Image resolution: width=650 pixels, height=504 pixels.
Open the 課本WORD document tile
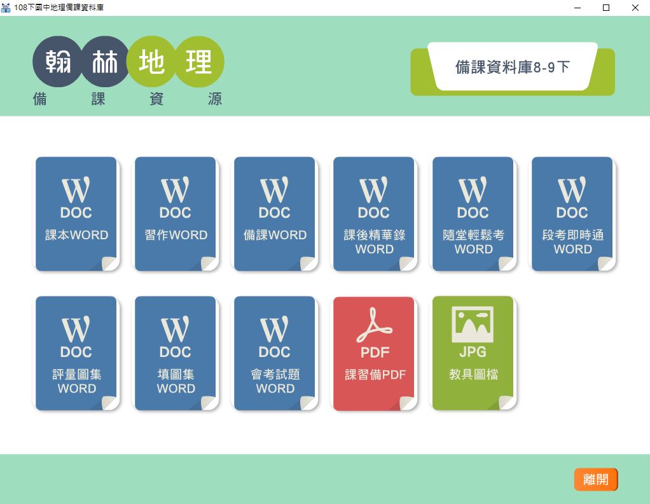pos(76,214)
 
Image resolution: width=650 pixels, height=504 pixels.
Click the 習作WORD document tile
pos(176,214)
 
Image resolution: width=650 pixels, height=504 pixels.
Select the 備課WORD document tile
pos(274,214)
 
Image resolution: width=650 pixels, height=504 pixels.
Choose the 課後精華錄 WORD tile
pos(374,214)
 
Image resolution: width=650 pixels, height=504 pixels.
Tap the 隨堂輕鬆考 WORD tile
pos(473,214)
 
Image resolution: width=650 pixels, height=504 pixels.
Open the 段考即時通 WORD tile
pos(572,214)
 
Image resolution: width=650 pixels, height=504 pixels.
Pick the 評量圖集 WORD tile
pos(76,353)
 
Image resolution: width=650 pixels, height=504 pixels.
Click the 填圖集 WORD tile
pos(176,353)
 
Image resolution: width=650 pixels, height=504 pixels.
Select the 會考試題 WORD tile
pos(274,353)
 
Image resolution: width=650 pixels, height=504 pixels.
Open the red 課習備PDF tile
pos(374,353)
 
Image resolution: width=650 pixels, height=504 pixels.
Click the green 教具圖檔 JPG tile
pos(473,353)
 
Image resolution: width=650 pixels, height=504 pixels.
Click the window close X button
pos(635,8)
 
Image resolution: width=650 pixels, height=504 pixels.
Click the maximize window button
pos(606,8)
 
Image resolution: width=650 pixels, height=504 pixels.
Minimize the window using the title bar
pos(577,8)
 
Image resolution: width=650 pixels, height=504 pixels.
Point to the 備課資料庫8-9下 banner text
pos(513,67)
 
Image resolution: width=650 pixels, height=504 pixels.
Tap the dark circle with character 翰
pos(58,61)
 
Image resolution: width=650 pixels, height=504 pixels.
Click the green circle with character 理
pos(200,61)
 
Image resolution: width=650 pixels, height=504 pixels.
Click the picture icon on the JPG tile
pos(473,324)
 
